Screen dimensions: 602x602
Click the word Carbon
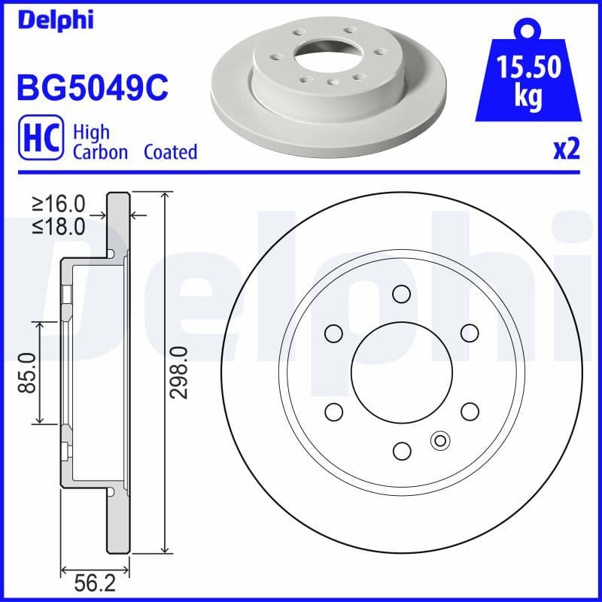coord(100,152)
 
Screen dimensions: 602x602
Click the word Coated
coord(170,152)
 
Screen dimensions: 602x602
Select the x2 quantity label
coord(566,150)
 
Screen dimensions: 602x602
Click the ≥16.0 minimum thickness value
coord(59,203)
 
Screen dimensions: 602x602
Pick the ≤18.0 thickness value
coord(59,227)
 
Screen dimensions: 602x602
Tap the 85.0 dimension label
coord(28,372)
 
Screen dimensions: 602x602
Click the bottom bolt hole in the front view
coord(402,451)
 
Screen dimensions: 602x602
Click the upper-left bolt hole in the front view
coord(333,332)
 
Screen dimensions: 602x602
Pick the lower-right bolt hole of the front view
coord(470,411)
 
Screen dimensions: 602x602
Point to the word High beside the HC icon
coord(91,132)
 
